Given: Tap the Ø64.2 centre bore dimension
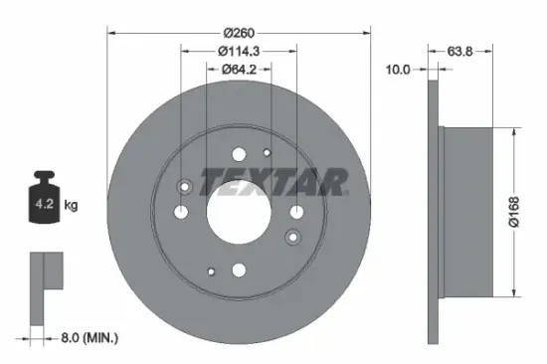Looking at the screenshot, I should coord(238,69).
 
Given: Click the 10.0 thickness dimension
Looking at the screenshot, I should coord(398,70).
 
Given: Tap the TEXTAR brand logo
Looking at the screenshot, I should coord(273,182).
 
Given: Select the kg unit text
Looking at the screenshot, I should coord(71,205).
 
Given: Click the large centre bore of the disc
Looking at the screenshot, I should coord(238,212).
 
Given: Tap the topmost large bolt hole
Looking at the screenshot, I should coord(238,154).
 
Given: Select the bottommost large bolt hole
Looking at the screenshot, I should coord(238,270).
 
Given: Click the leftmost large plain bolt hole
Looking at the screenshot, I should coord(180,212).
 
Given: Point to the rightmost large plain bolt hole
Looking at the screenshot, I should coord(296,211).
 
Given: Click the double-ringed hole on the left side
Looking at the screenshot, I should coord(184,188).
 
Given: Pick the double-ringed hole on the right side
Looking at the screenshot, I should coord(291,236).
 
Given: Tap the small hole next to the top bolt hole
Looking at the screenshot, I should coord(267,152).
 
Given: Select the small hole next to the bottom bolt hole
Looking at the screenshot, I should coord(211,271).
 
